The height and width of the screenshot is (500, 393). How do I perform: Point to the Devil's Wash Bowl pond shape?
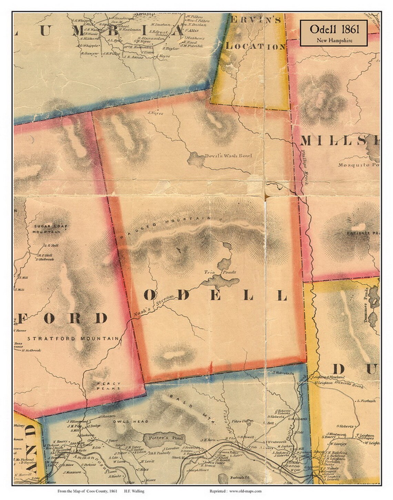pyautogui.click(x=195, y=159)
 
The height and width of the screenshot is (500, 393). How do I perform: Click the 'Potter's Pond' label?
pyautogui.click(x=162, y=438)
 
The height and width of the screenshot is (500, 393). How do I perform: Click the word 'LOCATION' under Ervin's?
pyautogui.click(x=255, y=46)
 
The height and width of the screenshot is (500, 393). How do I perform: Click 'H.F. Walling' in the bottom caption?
pyautogui.click(x=133, y=491)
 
